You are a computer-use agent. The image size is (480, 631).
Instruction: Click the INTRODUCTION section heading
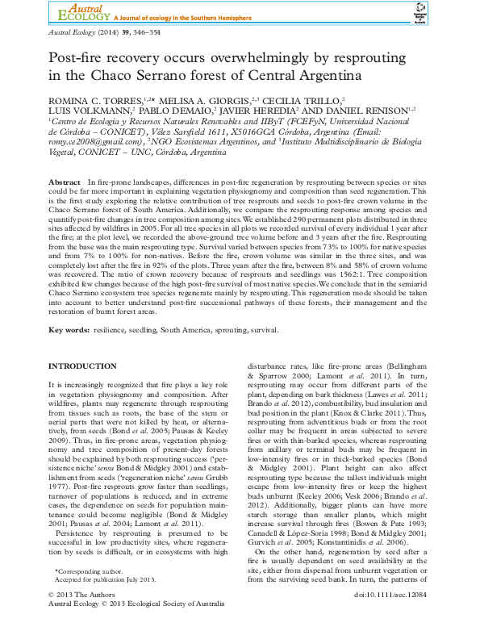[83, 367]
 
